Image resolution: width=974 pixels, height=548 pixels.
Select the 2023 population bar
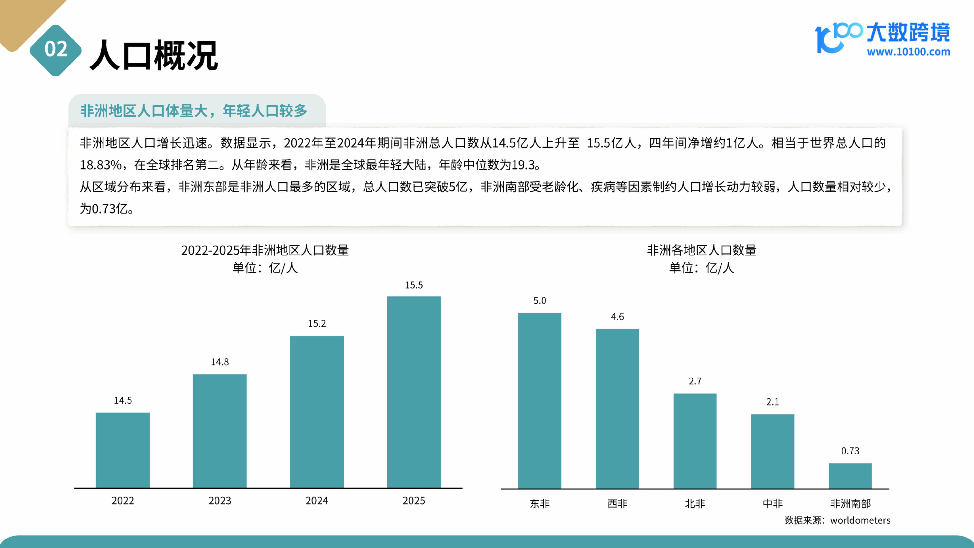point(220,431)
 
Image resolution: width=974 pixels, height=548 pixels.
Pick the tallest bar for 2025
point(414,392)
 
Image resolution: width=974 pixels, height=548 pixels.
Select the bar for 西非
point(617,408)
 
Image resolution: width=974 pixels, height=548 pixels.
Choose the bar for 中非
point(772,451)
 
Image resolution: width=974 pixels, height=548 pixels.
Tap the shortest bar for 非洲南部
point(850,476)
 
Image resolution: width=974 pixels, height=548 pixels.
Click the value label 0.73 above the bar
point(850,451)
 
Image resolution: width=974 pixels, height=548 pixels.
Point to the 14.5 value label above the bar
point(123,400)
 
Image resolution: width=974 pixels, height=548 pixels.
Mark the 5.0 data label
point(540,301)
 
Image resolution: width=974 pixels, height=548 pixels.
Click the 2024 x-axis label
point(317,501)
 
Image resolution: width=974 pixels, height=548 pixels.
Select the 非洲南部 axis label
point(850,503)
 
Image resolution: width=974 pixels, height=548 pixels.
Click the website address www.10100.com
point(908,52)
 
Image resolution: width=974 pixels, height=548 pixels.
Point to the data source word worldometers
point(860,520)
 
